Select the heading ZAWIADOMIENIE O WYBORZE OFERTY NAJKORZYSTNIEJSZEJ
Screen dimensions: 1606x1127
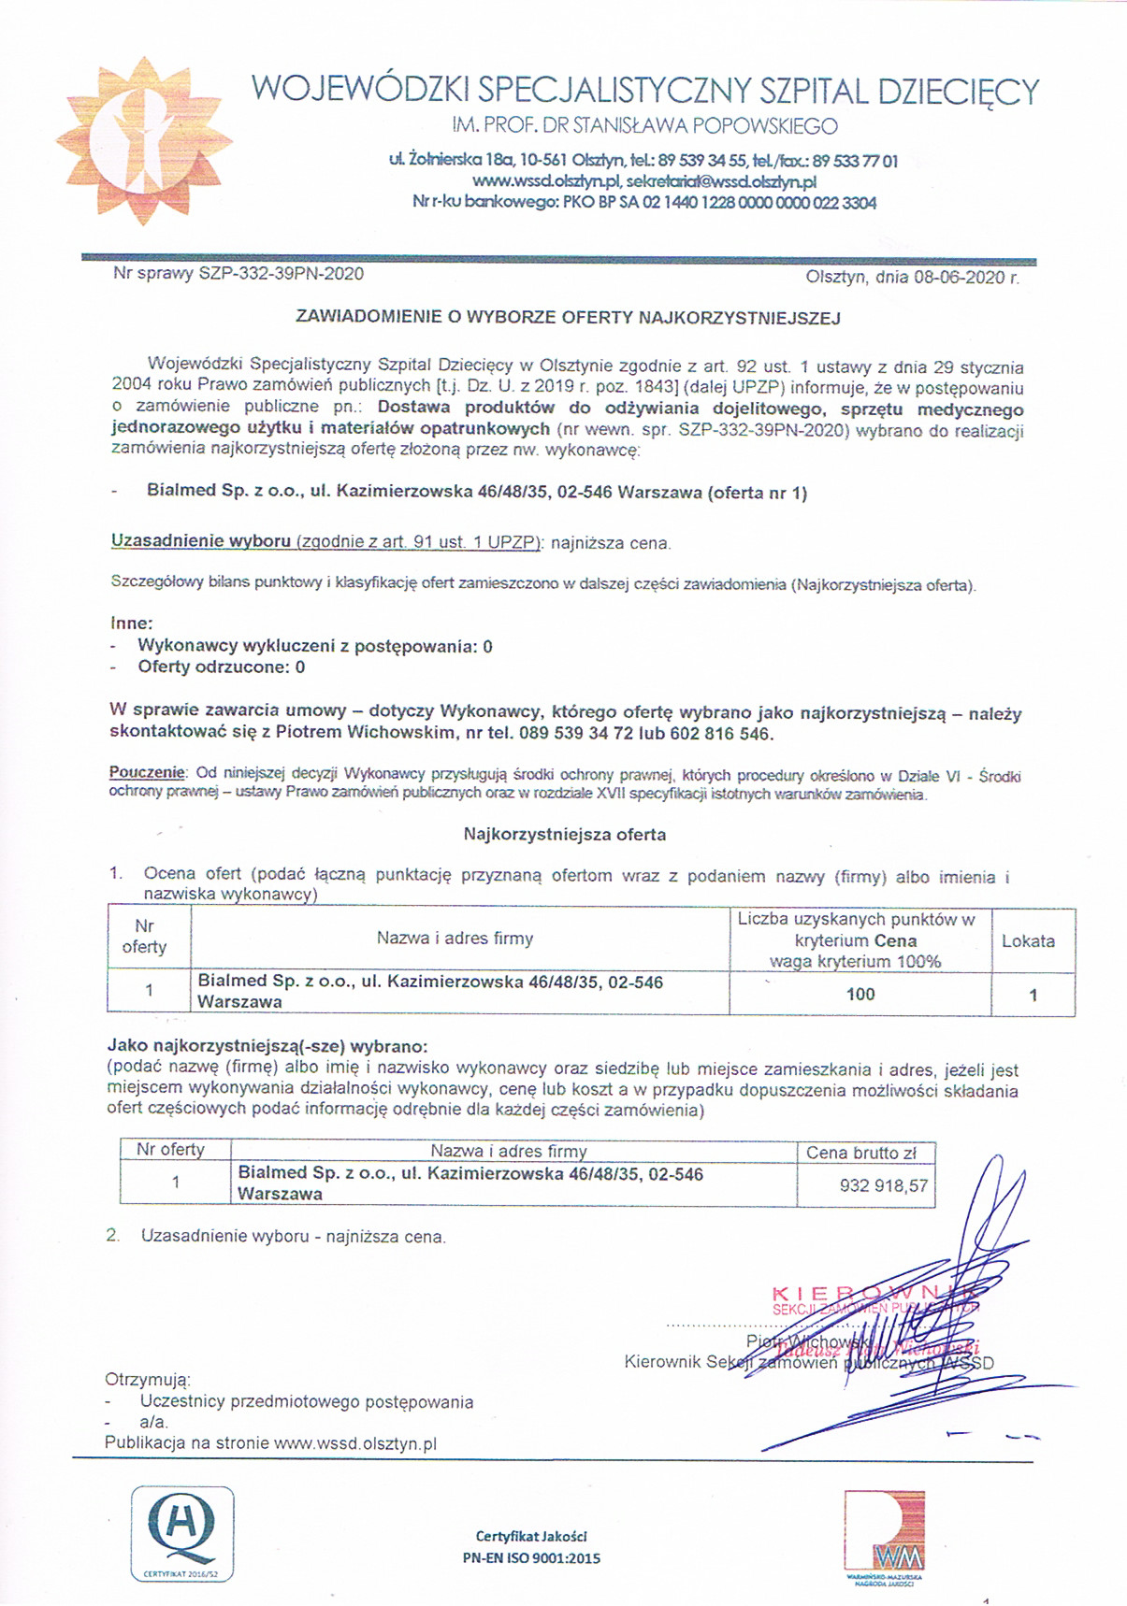coord(568,318)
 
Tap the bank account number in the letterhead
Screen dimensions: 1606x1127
coord(759,202)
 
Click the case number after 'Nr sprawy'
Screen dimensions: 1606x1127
coord(282,274)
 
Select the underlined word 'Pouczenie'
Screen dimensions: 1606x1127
coord(147,773)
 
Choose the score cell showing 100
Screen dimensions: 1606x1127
coord(860,995)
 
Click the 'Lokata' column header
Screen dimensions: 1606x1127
coord(1028,941)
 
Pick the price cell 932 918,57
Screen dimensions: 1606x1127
coord(884,1185)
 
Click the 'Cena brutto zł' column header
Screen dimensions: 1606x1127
coord(860,1153)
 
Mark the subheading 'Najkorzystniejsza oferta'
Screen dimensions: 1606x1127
coord(564,834)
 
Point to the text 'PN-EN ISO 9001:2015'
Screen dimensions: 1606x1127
coord(531,1558)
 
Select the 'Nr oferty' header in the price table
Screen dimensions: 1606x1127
coord(170,1150)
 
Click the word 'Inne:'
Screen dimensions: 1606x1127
coord(131,623)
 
